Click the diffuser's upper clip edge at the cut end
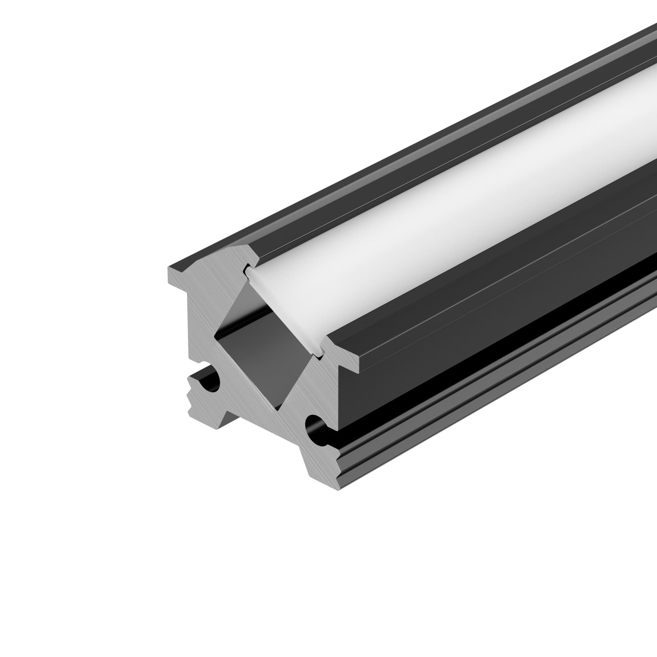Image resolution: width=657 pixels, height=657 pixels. coord(248,270)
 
